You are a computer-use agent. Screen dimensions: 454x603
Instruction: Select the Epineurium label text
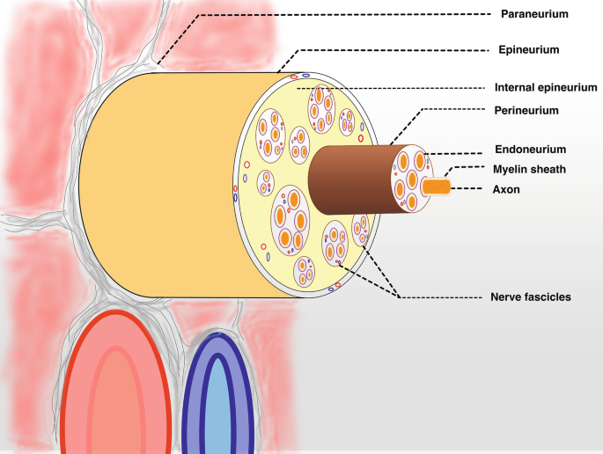(x=529, y=50)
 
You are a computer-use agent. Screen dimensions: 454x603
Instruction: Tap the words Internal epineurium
(x=546, y=87)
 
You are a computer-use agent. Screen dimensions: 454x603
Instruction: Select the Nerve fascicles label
(x=530, y=297)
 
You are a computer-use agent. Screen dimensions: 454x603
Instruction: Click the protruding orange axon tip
(x=437, y=187)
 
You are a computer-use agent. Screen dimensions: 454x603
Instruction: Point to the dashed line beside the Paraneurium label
(x=352, y=14)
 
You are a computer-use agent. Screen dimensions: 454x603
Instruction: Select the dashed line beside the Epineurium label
(x=396, y=50)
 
